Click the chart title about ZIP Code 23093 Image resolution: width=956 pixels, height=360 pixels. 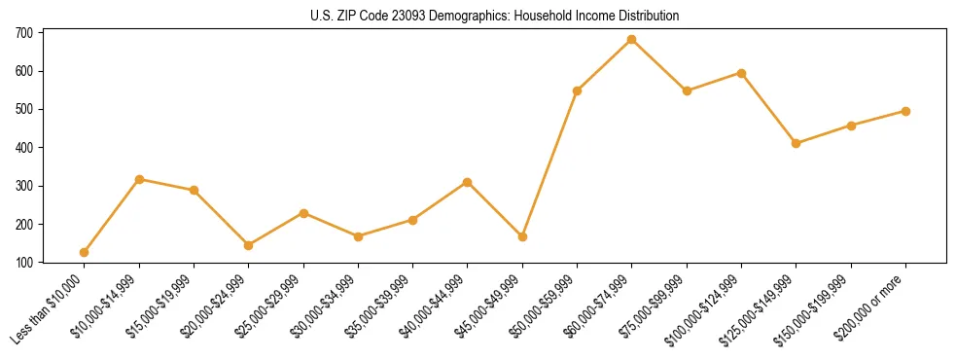478,17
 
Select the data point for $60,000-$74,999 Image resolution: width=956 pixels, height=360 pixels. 632,40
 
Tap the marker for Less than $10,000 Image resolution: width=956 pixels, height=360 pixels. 85,253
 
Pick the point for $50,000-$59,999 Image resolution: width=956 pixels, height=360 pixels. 578,90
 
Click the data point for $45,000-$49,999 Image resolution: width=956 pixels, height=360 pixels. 522,236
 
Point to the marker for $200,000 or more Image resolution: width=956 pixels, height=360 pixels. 905,111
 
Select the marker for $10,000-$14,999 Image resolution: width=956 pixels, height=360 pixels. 139,179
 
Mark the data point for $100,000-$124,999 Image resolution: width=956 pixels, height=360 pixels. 741,73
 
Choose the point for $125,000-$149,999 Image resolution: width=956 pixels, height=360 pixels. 796,143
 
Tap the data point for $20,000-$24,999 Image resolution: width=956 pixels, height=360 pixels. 249,245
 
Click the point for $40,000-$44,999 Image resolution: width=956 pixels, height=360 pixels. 468,182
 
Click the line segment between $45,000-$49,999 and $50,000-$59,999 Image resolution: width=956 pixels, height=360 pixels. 550,163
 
